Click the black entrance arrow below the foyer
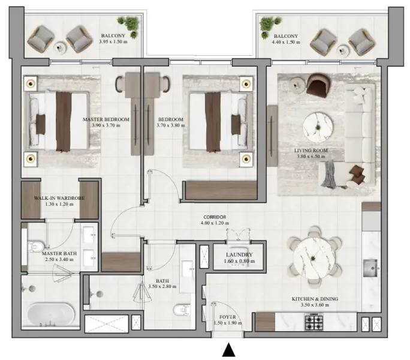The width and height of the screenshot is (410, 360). [x=228, y=350]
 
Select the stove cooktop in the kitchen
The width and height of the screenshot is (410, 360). [x=315, y=323]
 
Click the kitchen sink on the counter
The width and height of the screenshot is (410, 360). [x=370, y=266]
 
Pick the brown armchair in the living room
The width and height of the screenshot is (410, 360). [x=318, y=85]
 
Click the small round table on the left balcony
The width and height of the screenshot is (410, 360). [x=59, y=48]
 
